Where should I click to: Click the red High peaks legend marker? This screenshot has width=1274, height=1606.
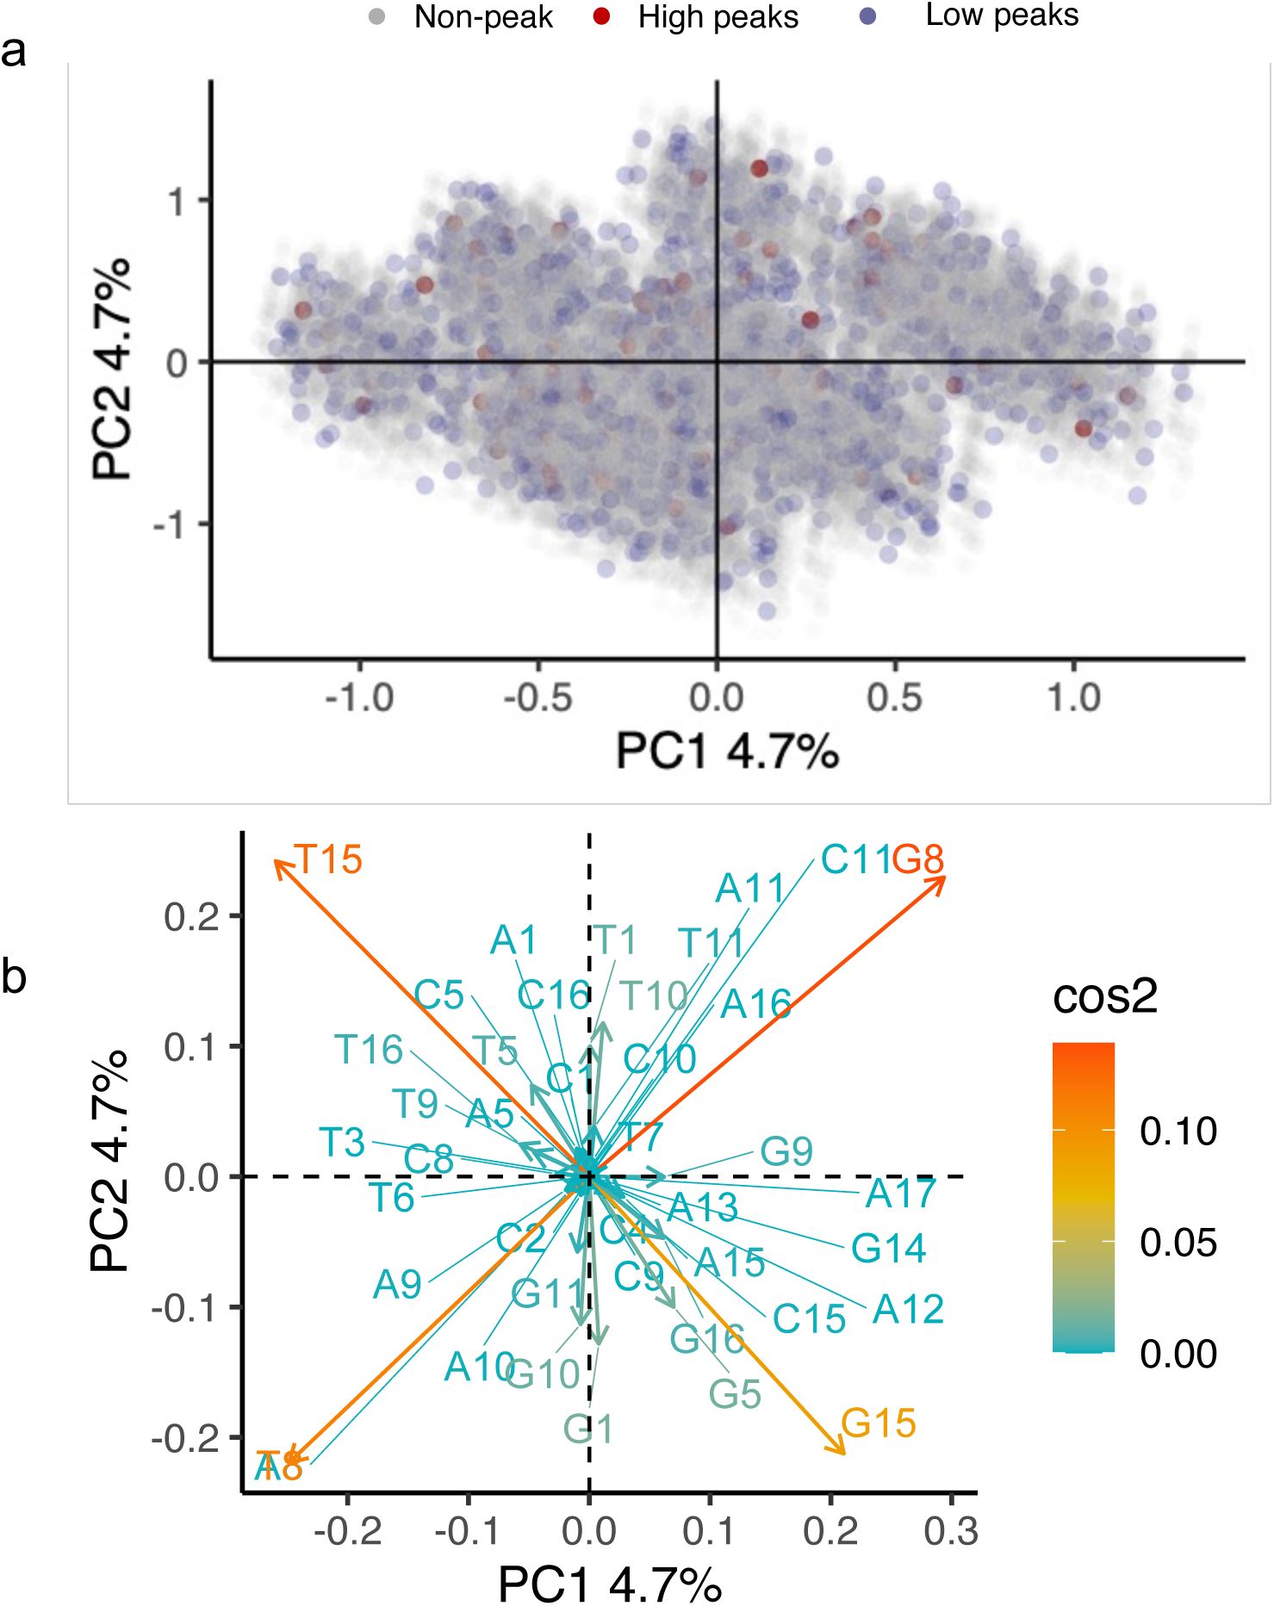point(602,16)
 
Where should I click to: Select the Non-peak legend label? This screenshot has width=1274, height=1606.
point(482,17)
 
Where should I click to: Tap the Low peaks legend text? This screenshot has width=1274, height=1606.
point(1001,16)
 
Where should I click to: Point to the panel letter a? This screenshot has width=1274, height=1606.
point(13,52)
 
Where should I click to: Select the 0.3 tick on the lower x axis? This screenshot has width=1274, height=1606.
point(950,1531)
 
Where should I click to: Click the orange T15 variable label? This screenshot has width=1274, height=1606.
point(328,859)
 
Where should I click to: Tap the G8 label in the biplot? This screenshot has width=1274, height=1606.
point(918,859)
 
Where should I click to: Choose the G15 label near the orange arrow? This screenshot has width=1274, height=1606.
point(878,1423)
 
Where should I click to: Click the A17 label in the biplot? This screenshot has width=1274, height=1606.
point(900,1194)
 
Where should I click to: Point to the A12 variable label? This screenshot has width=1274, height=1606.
point(908,1310)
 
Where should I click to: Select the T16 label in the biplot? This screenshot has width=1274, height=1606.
point(369,1050)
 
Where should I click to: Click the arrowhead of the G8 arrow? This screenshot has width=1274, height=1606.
point(943,878)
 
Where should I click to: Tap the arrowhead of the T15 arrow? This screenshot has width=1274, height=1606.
point(277,862)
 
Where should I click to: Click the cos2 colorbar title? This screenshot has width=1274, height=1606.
point(1104,996)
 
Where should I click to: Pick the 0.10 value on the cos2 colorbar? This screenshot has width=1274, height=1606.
point(1178,1131)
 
